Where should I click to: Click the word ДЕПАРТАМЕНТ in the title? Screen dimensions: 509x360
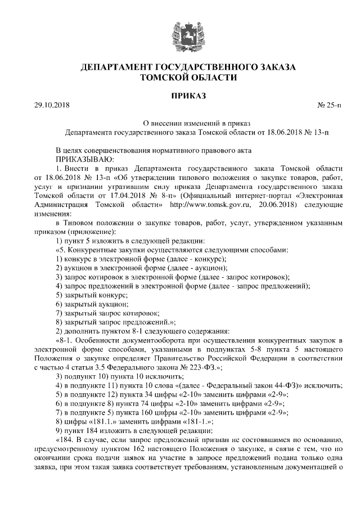117,67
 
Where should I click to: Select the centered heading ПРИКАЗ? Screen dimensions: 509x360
181,96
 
